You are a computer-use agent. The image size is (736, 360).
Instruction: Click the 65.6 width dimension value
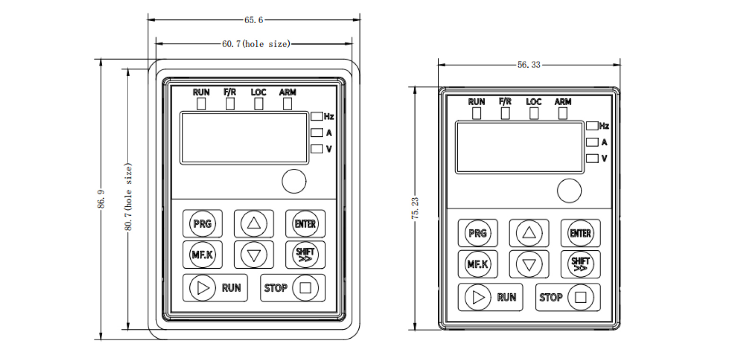tap(254, 20)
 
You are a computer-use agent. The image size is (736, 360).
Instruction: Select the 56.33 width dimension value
tap(529, 65)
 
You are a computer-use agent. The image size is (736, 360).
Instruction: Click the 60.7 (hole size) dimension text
tap(256, 44)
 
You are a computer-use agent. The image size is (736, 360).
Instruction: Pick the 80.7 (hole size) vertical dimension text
tap(128, 198)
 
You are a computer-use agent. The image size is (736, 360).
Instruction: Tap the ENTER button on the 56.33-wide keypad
tap(580, 233)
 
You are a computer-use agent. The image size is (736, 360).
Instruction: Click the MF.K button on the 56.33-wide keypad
tap(478, 264)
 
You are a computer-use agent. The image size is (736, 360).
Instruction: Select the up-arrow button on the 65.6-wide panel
tap(254, 223)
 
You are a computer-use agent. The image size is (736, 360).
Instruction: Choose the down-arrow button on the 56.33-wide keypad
tap(529, 264)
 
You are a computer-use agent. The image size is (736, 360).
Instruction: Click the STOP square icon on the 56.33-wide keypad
tap(580, 297)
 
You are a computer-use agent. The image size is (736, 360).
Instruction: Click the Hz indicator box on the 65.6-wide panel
tap(317, 116)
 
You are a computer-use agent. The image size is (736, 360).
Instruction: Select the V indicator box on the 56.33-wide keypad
tap(592, 158)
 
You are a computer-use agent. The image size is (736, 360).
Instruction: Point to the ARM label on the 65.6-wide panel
tap(287, 92)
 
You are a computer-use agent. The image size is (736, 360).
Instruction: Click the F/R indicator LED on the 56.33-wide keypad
tap(505, 114)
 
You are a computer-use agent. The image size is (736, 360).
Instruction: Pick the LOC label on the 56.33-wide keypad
tap(533, 102)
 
